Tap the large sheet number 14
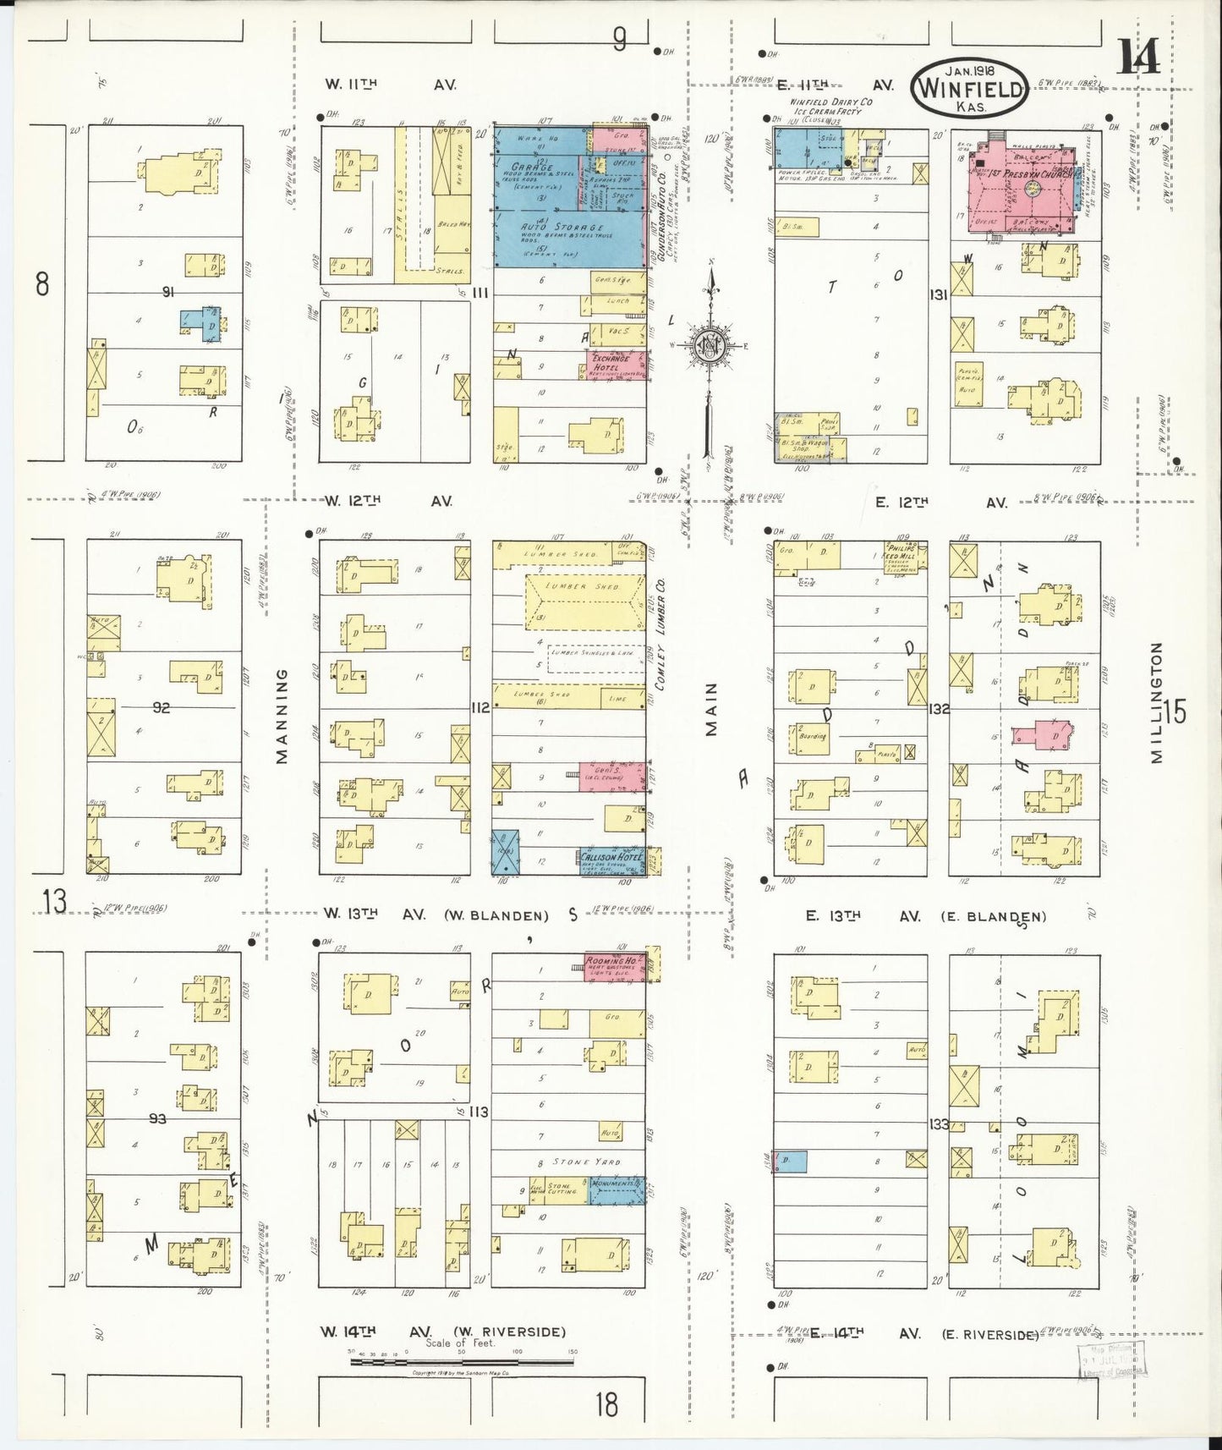[x=1137, y=58]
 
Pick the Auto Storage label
[x=567, y=228]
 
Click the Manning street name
[x=282, y=715]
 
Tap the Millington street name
[x=1157, y=702]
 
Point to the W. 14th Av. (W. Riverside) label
[x=442, y=1332]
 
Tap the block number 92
[x=161, y=707]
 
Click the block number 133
[x=938, y=1124]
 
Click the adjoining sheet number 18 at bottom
[x=606, y=1405]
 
